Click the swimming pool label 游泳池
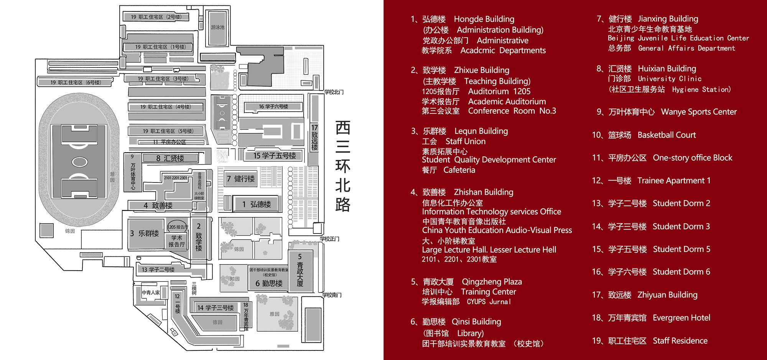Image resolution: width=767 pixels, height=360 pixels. (x=217, y=27)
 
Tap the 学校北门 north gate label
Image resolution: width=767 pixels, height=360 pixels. (x=334, y=92)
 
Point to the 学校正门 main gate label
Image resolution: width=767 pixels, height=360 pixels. (x=329, y=239)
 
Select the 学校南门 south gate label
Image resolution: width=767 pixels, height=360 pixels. (x=332, y=295)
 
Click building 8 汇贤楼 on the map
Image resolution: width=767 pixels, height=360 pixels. (x=170, y=158)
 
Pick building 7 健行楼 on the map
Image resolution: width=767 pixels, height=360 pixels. (x=240, y=179)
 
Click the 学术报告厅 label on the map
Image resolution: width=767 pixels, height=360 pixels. (x=177, y=241)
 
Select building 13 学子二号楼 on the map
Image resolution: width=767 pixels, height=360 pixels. (x=158, y=270)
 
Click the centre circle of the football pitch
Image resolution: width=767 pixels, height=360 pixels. (x=79, y=162)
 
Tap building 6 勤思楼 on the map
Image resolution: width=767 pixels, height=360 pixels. (x=269, y=283)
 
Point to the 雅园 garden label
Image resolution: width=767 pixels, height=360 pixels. (x=275, y=314)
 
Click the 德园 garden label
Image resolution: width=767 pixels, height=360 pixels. (x=217, y=322)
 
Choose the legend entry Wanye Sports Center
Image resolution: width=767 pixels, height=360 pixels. (x=699, y=112)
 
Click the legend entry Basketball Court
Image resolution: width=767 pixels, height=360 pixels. (x=667, y=135)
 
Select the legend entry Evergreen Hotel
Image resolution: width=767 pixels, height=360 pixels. (x=681, y=318)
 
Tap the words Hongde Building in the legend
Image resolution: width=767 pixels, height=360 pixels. (x=484, y=19)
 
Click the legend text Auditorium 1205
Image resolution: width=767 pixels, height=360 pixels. (x=499, y=91)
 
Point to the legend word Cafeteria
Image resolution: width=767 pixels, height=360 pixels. (x=459, y=170)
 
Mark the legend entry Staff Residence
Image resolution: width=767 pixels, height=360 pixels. (x=680, y=341)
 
